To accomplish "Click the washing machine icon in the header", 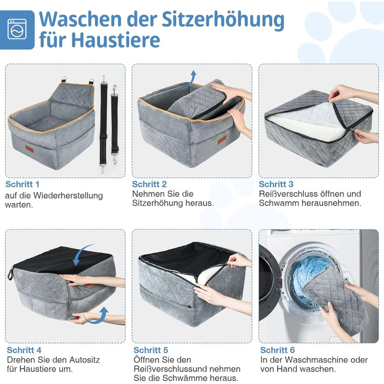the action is [17, 29].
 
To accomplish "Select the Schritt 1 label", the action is [22, 184].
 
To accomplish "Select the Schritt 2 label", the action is [149, 184].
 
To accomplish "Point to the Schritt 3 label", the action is [276, 184].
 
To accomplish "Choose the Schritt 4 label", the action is [24, 350].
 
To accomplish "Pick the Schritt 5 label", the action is [151, 350].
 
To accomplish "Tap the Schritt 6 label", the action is [278, 350].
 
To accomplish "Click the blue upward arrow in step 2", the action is [191, 80].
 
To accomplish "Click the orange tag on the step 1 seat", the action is [30, 149].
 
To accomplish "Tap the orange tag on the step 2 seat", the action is [222, 139].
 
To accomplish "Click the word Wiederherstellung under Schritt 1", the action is [68, 196].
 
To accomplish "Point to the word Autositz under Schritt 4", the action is [84, 360].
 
